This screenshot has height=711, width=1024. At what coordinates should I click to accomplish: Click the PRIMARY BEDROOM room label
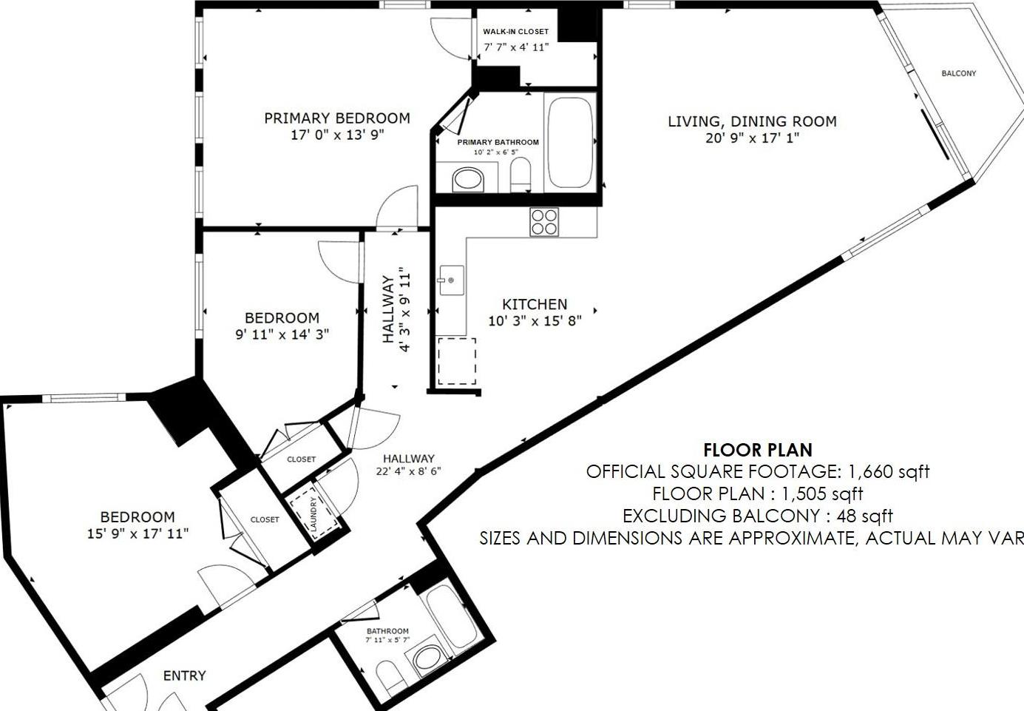(337, 118)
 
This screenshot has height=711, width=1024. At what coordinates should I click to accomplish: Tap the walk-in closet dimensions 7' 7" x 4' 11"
(516, 47)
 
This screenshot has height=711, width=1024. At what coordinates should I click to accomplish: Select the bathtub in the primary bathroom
(569, 142)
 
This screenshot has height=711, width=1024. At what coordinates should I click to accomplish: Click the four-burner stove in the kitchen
(544, 222)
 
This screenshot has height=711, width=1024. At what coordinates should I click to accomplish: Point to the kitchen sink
(451, 280)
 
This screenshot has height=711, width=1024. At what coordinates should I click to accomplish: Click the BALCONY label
(958, 73)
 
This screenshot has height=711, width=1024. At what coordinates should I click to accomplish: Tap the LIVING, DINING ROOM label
(752, 121)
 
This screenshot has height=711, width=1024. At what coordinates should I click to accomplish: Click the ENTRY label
(184, 675)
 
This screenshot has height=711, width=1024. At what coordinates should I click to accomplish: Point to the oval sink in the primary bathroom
(467, 179)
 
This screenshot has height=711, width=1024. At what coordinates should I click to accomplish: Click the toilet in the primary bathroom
(521, 175)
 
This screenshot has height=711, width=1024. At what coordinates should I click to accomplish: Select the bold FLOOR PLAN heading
(757, 450)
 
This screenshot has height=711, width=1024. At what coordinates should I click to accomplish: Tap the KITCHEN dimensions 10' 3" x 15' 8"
(535, 321)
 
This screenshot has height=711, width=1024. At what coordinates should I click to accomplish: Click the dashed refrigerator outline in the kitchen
(457, 361)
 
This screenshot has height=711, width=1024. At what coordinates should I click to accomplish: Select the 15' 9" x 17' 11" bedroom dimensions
(138, 533)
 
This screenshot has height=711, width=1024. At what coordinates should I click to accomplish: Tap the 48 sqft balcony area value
(864, 516)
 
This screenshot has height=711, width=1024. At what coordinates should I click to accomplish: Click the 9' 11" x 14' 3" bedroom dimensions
(282, 334)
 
